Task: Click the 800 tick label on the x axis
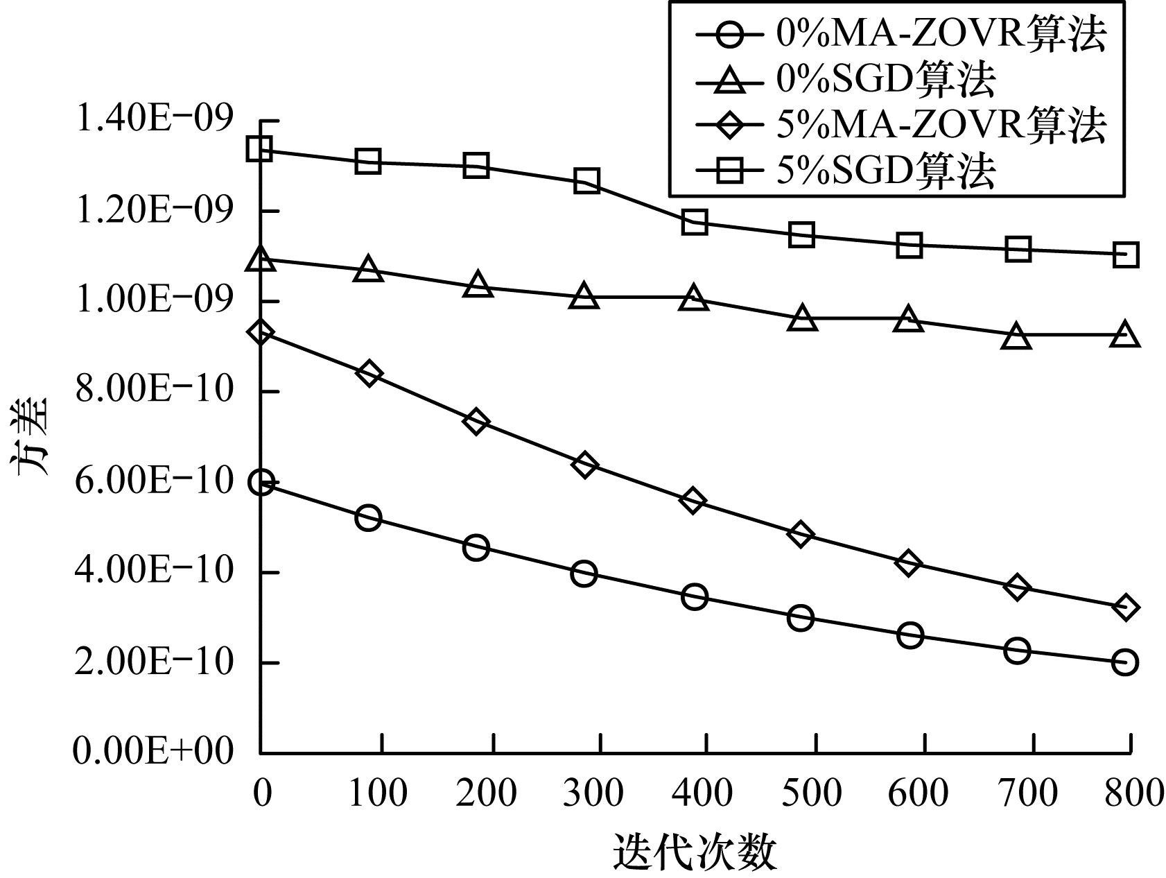click(1131, 793)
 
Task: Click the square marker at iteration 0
click(260, 148)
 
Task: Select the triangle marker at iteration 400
click(694, 298)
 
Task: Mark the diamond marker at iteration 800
click(1125, 608)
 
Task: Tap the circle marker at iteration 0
click(261, 482)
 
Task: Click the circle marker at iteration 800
click(1124, 662)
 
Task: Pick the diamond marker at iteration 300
click(584, 465)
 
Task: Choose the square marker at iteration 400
click(695, 223)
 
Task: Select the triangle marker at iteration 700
click(1017, 337)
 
